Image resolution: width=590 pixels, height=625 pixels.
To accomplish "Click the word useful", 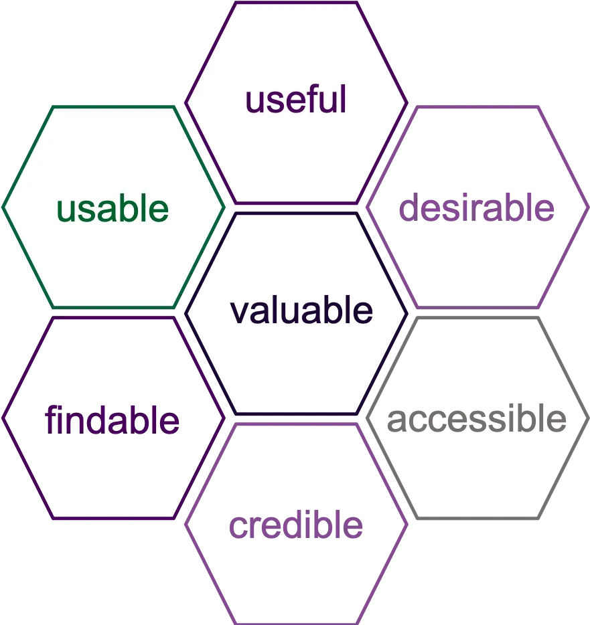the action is [x=295, y=99].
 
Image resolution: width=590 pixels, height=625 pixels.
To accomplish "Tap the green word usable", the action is [x=113, y=207].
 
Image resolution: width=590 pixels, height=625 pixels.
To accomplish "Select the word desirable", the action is [x=477, y=207].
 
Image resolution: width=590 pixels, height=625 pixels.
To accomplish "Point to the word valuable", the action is [x=301, y=310].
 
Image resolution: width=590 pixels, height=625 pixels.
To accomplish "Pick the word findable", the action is [x=112, y=419].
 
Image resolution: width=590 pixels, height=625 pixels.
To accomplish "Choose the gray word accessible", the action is [x=477, y=418].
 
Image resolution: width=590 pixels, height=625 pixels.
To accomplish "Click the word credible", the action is [x=295, y=524].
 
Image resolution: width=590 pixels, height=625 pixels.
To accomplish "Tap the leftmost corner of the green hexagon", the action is [x=3, y=207].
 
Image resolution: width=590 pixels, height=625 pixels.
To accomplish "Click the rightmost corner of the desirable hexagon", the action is [x=588, y=207].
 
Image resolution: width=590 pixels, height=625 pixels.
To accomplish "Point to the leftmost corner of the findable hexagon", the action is [x=3, y=418].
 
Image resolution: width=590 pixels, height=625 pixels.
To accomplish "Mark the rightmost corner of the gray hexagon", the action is [x=588, y=418].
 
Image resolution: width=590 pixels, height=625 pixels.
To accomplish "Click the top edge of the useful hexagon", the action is [x=296, y=3].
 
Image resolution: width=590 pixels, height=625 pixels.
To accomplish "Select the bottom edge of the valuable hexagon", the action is [x=296, y=414].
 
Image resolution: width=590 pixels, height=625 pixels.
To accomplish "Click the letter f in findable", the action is [x=51, y=419].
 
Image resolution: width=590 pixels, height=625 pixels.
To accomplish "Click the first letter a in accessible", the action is [x=397, y=420].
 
